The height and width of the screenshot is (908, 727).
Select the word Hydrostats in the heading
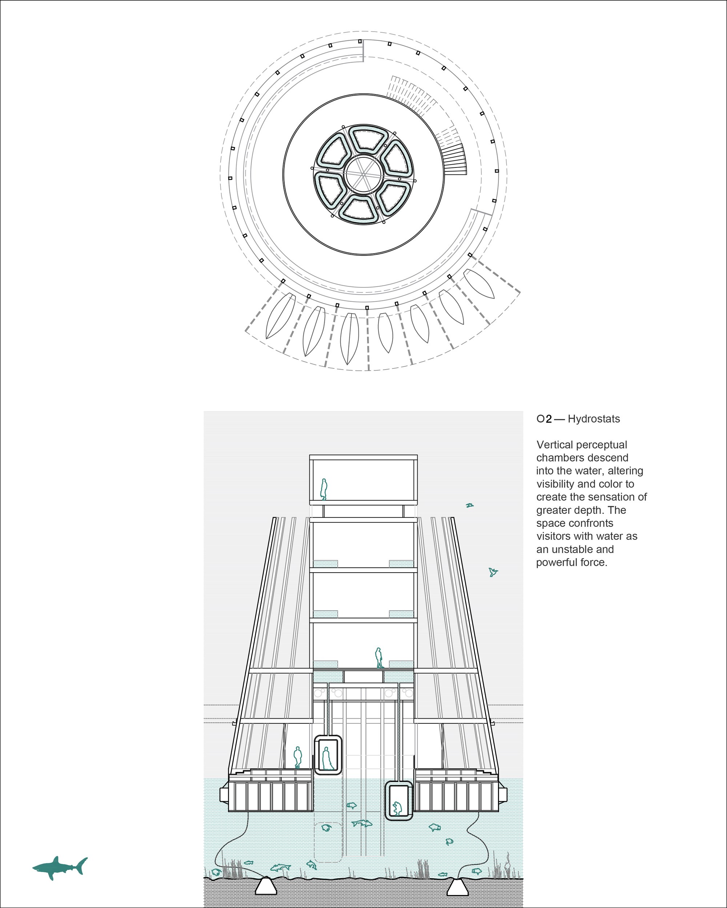tap(594, 419)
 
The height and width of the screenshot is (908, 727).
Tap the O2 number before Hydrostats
tap(544, 419)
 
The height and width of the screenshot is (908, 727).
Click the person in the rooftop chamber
tap(324, 489)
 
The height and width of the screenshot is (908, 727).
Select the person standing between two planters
tap(379, 657)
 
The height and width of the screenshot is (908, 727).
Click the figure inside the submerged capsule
tap(397, 808)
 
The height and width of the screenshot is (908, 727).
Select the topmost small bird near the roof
tap(470, 505)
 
